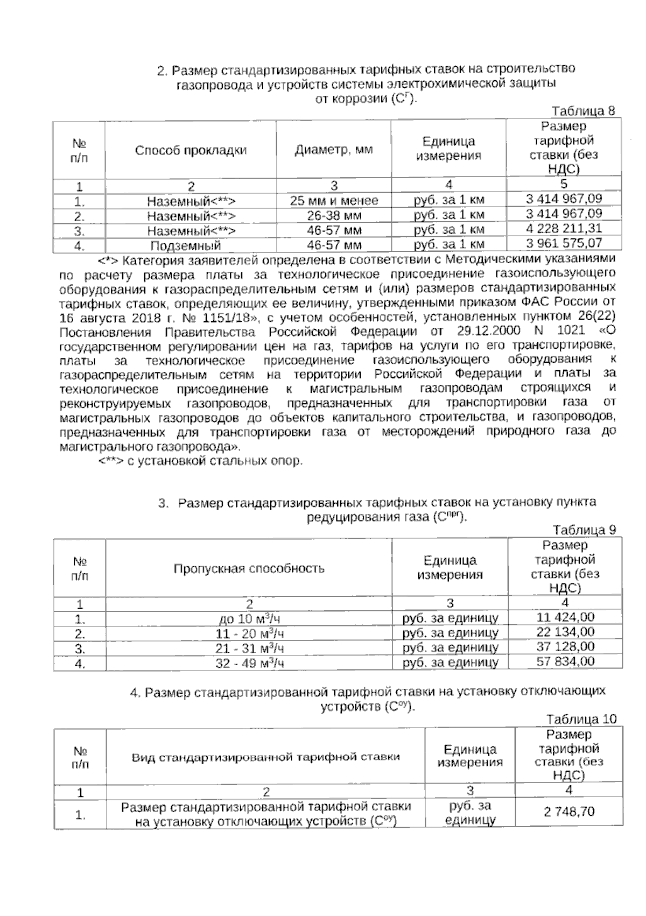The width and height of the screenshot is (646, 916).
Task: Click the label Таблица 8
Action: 583,111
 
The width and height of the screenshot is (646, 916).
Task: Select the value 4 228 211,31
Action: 564,229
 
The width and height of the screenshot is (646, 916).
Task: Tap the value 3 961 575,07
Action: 564,244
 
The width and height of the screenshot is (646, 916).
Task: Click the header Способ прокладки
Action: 191,150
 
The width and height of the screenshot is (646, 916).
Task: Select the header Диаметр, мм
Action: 334,150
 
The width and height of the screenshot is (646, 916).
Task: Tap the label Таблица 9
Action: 584,530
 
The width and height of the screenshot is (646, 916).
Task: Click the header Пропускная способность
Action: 249,569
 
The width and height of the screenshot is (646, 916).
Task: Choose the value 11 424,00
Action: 565,617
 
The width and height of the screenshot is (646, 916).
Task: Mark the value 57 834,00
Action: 565,661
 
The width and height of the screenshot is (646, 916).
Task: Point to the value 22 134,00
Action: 565,632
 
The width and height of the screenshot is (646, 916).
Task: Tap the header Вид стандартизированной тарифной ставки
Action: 266,757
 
